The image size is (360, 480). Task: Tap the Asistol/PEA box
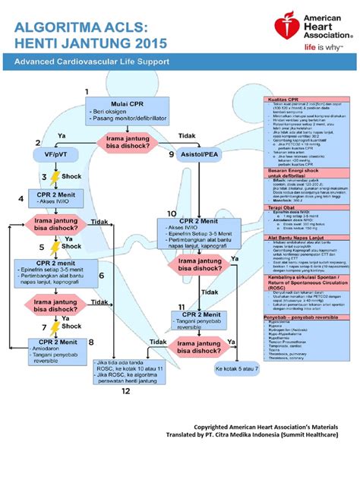click(201, 154)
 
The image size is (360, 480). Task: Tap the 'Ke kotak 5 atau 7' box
click(236, 368)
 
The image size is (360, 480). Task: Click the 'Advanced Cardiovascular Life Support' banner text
click(93, 60)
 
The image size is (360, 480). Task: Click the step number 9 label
click(171, 154)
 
